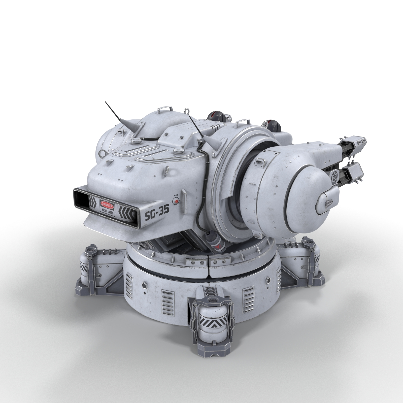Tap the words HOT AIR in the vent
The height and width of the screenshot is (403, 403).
(x=108, y=213)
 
